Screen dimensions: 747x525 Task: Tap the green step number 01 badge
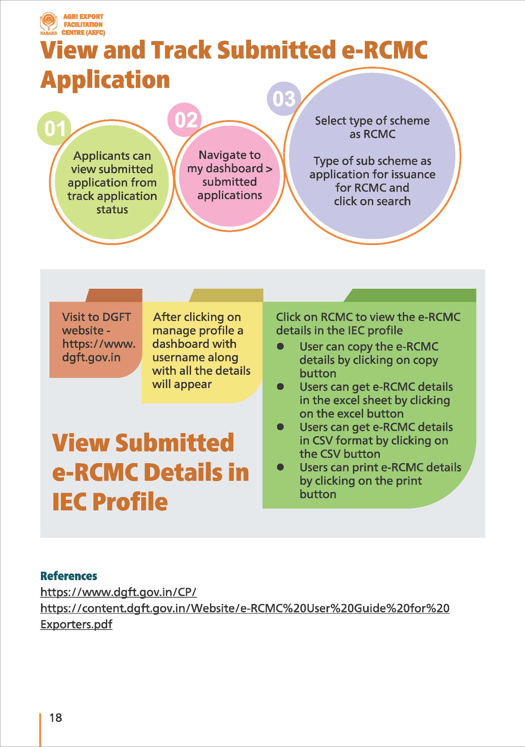[x=54, y=128]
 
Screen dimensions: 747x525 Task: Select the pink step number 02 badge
[x=185, y=120]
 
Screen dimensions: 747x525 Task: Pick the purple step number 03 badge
[x=284, y=99]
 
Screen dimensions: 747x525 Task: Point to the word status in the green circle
[x=112, y=209]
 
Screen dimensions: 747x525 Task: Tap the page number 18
[x=56, y=717]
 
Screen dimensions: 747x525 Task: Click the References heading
[x=68, y=576]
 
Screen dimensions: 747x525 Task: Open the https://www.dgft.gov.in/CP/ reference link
[x=118, y=592]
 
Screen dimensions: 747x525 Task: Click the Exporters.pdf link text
[x=76, y=624]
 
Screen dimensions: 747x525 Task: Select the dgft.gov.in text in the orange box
[x=91, y=357]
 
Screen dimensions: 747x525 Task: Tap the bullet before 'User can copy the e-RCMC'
[x=280, y=347]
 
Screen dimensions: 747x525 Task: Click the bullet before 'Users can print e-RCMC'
[x=280, y=467]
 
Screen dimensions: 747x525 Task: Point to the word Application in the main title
[x=105, y=80]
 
